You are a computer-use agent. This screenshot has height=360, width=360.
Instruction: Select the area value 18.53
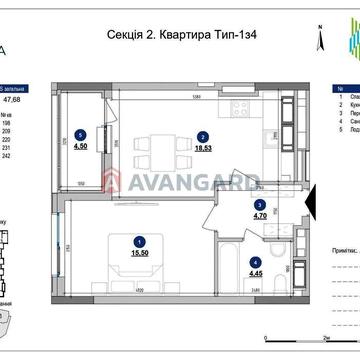[203, 147]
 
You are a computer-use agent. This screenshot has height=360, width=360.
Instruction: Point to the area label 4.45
[255, 273]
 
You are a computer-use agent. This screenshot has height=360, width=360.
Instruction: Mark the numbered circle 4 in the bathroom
[255, 261]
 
